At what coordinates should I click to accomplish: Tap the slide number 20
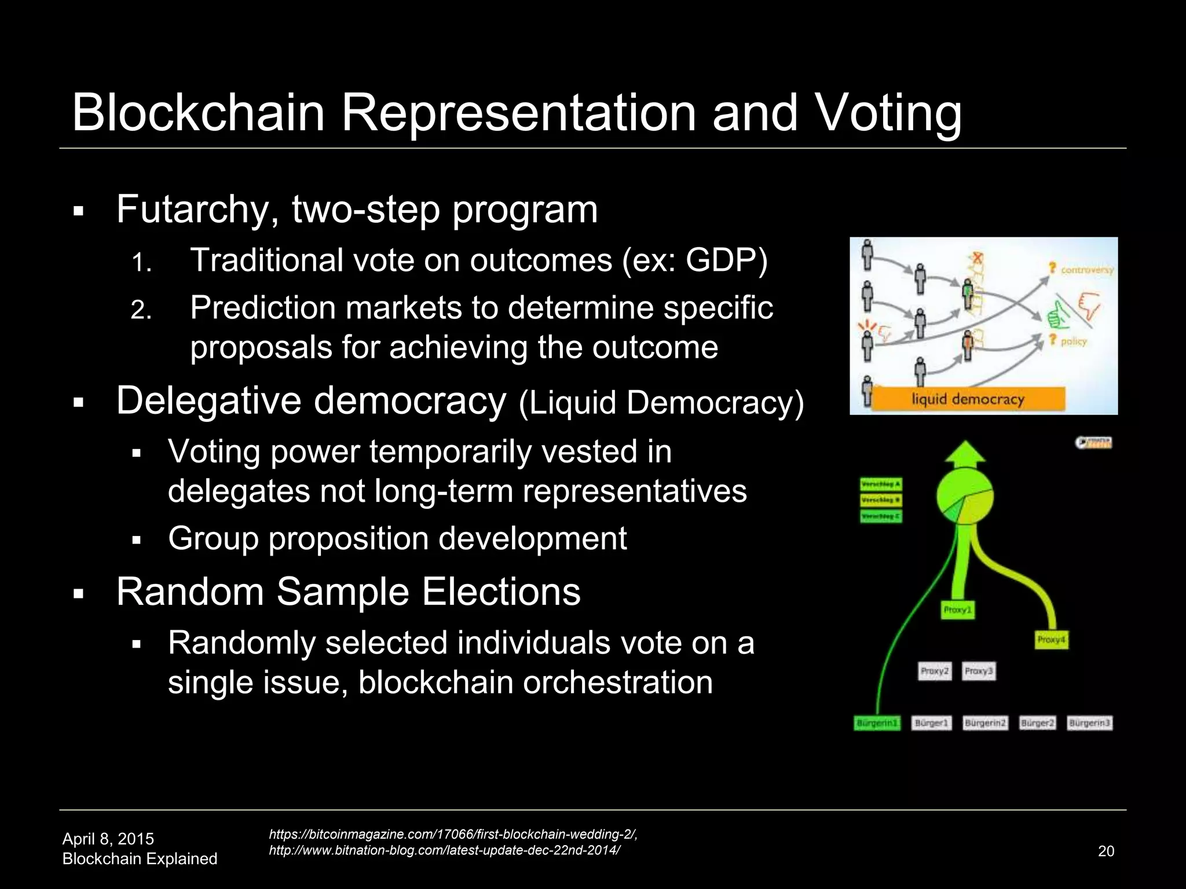tap(1106, 851)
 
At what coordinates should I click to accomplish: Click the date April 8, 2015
tap(108, 839)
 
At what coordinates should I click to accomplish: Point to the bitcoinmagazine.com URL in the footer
tap(453, 834)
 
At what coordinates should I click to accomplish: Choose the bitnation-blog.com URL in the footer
tap(444, 850)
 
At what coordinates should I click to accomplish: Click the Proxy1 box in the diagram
tap(958, 610)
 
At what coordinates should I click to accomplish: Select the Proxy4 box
tap(1051, 640)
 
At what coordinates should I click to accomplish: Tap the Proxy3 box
tap(979, 671)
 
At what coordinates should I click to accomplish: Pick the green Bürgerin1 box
tap(877, 723)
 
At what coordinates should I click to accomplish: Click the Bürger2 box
tap(1037, 723)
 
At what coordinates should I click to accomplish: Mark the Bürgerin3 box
tap(1089, 723)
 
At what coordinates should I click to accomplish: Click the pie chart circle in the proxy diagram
tap(965, 496)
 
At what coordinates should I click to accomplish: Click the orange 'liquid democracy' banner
tap(968, 399)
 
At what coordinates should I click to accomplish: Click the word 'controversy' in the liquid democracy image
tap(1086, 270)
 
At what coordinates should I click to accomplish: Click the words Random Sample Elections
tap(348, 592)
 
